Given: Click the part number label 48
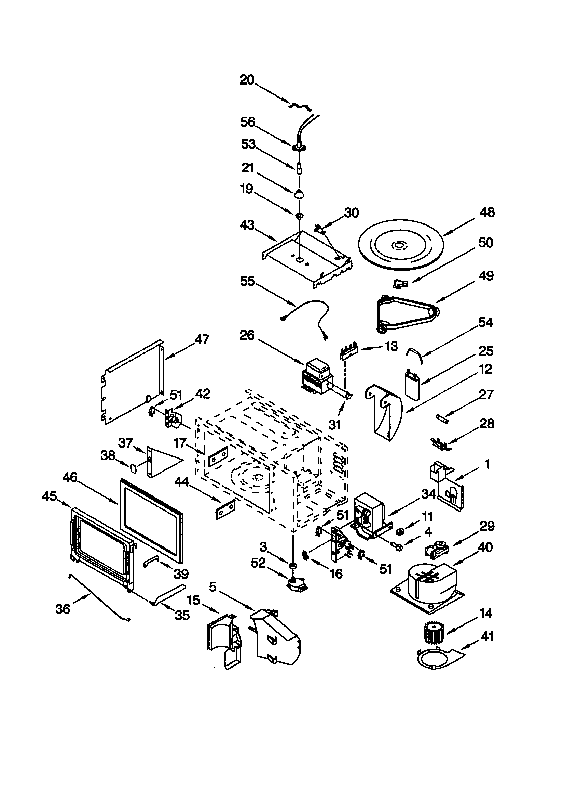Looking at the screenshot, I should (x=487, y=212).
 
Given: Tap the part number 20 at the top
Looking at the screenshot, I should (x=247, y=80).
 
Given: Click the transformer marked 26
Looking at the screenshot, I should (x=318, y=377).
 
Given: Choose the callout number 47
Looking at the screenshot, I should (x=202, y=339).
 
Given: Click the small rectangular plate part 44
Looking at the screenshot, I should (x=225, y=509).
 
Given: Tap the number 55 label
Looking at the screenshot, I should (x=247, y=281).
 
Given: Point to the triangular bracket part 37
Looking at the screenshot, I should (x=162, y=462).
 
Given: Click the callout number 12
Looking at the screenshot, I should (x=486, y=369).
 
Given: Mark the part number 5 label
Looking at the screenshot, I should (x=212, y=587).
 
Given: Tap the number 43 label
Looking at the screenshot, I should (x=247, y=225).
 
